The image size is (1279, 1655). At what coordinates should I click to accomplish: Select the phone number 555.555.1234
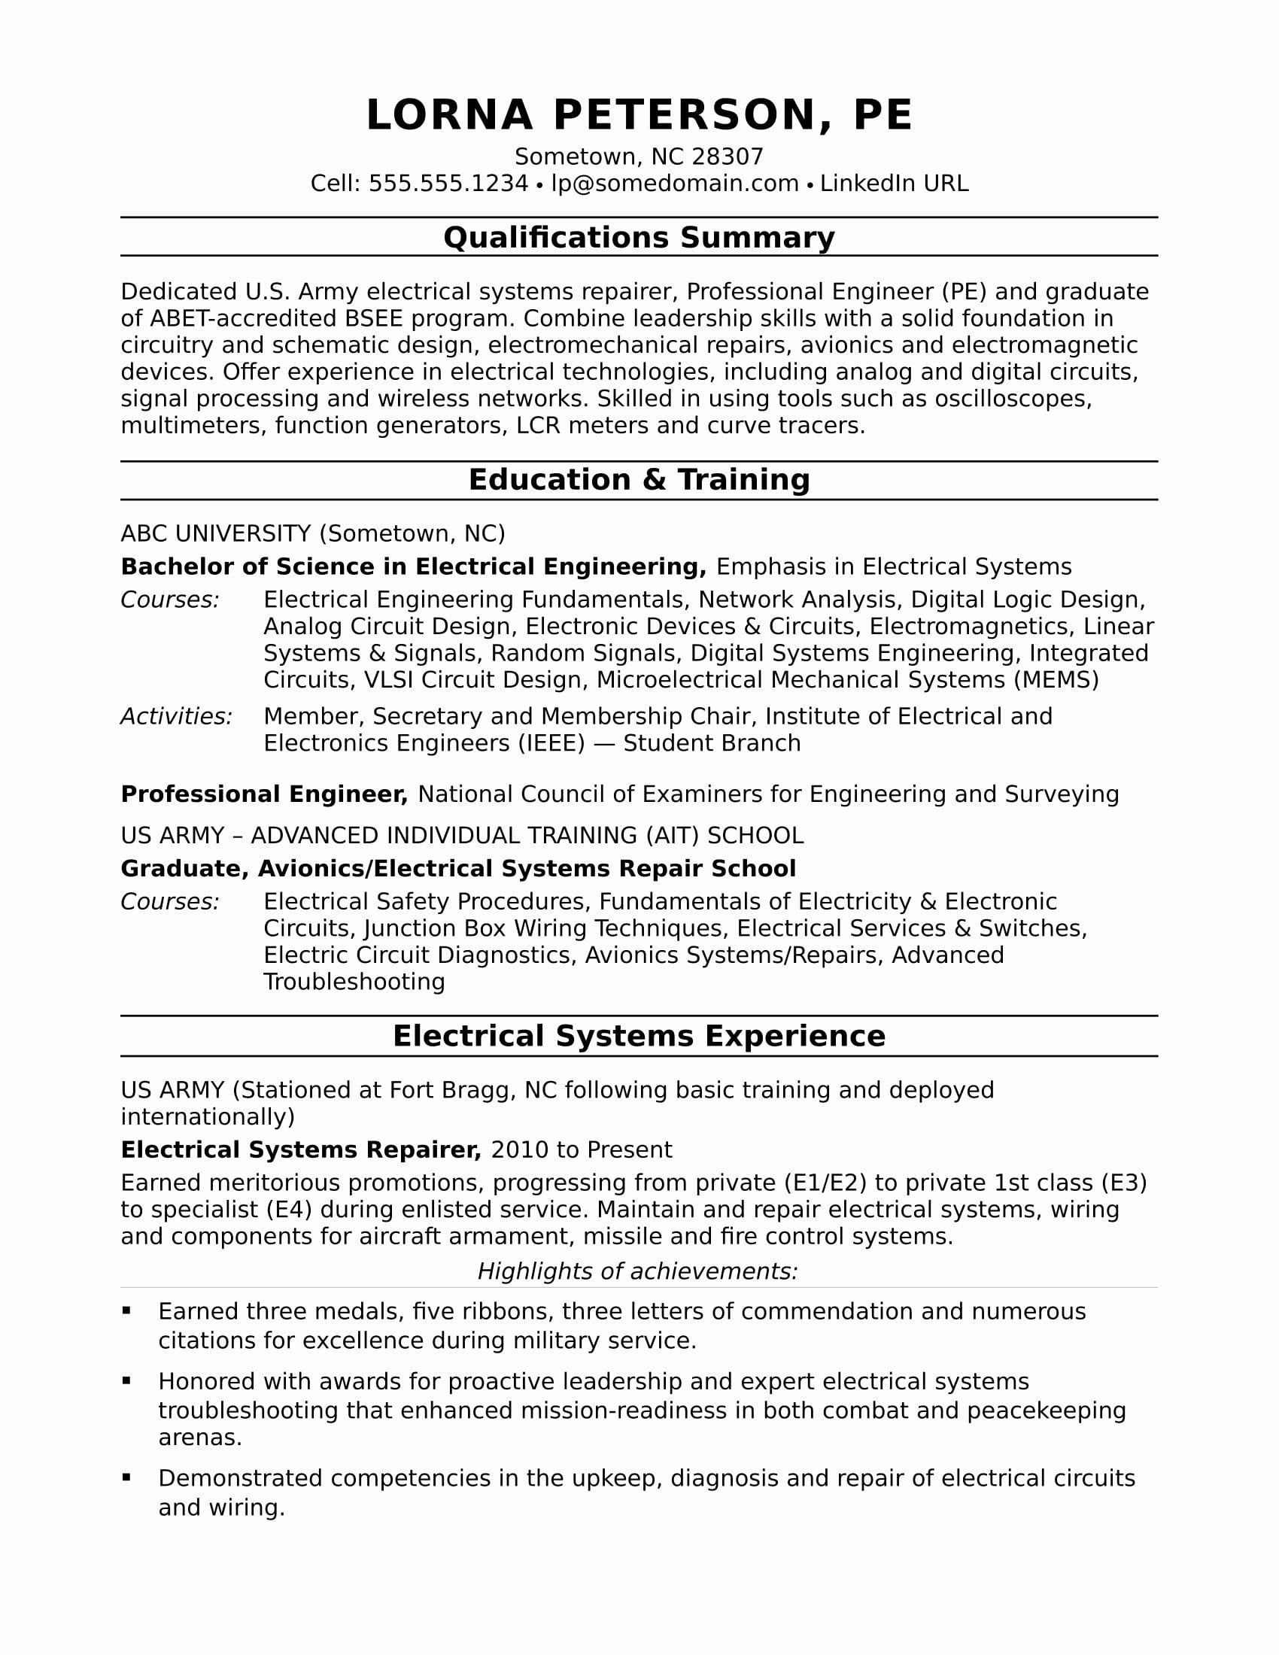pyautogui.click(x=448, y=184)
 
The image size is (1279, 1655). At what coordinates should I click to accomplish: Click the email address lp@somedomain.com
pyautogui.click(x=674, y=184)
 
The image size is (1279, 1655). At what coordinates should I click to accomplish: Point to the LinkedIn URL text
pyautogui.click(x=894, y=184)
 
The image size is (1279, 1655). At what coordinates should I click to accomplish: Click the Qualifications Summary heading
pyautogui.click(x=639, y=237)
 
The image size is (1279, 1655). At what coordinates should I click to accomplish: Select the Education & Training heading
pyautogui.click(x=639, y=480)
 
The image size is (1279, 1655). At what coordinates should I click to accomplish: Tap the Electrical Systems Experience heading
pyautogui.click(x=639, y=1036)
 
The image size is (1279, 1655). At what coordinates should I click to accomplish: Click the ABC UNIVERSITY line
pyautogui.click(x=312, y=533)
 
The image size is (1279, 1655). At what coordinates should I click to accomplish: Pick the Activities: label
pyautogui.click(x=177, y=716)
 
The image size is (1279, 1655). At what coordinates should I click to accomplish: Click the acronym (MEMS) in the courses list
pyautogui.click(x=1056, y=680)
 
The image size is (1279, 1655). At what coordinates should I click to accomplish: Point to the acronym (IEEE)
pyautogui.click(x=551, y=743)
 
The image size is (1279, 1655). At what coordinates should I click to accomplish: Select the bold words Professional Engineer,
pyautogui.click(x=264, y=794)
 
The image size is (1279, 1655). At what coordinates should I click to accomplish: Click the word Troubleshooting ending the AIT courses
pyautogui.click(x=354, y=982)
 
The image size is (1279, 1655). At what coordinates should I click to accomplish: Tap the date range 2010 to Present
pyautogui.click(x=581, y=1150)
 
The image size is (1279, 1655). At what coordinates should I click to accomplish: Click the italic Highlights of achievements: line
pyautogui.click(x=638, y=1271)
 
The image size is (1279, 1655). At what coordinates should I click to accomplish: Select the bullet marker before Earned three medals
pyautogui.click(x=126, y=1310)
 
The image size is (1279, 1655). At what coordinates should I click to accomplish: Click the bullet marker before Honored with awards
pyautogui.click(x=126, y=1381)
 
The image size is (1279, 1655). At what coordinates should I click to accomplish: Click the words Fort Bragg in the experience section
pyautogui.click(x=448, y=1091)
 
